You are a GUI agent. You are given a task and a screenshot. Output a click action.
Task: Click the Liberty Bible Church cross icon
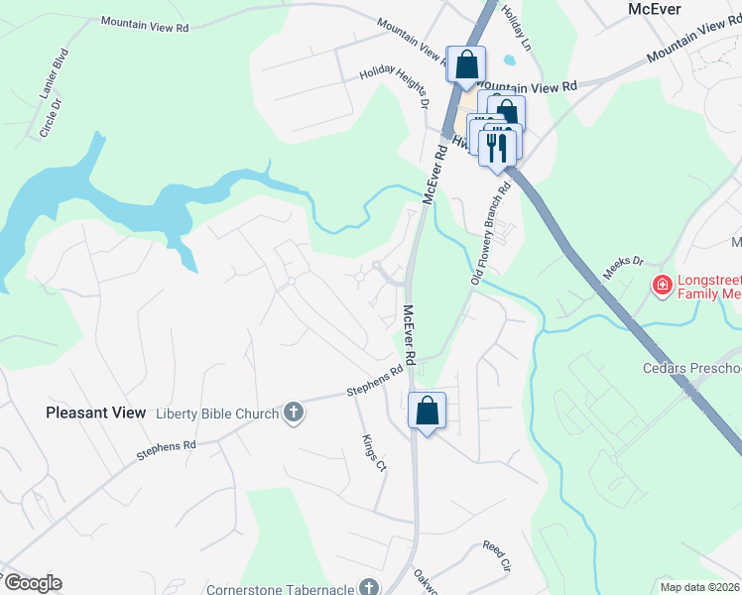pyautogui.click(x=293, y=412)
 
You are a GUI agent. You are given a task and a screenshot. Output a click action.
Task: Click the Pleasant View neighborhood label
pyautogui.click(x=95, y=412)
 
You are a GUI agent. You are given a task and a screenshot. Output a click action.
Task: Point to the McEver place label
pyautogui.click(x=654, y=8)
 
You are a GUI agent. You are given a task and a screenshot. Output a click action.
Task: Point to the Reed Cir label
pyautogui.click(x=495, y=555)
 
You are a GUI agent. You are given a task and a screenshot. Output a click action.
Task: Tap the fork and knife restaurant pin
pyautogui.click(x=497, y=147)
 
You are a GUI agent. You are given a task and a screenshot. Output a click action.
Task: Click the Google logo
pyautogui.click(x=33, y=583)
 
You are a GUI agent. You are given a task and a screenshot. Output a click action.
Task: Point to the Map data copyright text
pyautogui.click(x=699, y=587)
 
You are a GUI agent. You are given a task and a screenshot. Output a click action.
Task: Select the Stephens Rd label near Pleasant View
pyautogui.click(x=167, y=451)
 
